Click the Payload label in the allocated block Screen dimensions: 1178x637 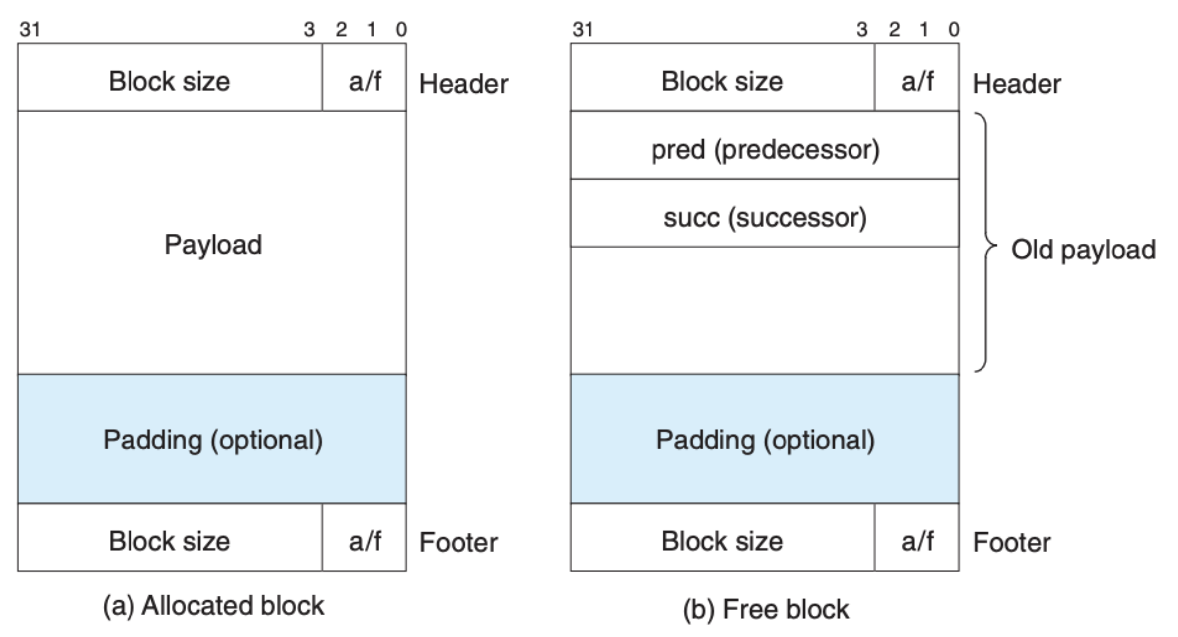pyautogui.click(x=213, y=245)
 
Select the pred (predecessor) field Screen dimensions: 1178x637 pyautogui.click(x=765, y=145)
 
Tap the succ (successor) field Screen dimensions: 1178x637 pyautogui.click(x=765, y=213)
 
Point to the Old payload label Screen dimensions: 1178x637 pyautogui.click(x=1084, y=249)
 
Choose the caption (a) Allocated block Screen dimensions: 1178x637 pyautogui.click(x=213, y=606)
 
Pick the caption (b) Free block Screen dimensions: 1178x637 pyautogui.click(x=766, y=609)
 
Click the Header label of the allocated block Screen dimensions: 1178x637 pyautogui.click(x=463, y=84)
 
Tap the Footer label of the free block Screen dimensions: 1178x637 pyautogui.click(x=1012, y=542)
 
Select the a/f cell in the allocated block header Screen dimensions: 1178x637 pyautogui.click(x=364, y=77)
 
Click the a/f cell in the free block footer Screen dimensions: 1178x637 pyautogui.click(x=917, y=537)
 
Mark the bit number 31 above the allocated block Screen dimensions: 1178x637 pyautogui.click(x=30, y=30)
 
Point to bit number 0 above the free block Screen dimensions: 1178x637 pyautogui.click(x=953, y=30)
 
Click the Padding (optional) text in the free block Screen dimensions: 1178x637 pyautogui.click(x=765, y=440)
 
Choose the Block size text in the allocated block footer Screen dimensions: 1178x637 pyautogui.click(x=169, y=541)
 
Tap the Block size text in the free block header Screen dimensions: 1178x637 pyautogui.click(x=722, y=81)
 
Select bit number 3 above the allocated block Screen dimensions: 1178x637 pyautogui.click(x=309, y=30)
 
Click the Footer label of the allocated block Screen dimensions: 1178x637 pyautogui.click(x=458, y=542)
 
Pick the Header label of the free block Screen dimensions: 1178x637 pyautogui.click(x=1017, y=84)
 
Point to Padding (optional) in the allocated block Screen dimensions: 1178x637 pyautogui.click(x=213, y=440)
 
